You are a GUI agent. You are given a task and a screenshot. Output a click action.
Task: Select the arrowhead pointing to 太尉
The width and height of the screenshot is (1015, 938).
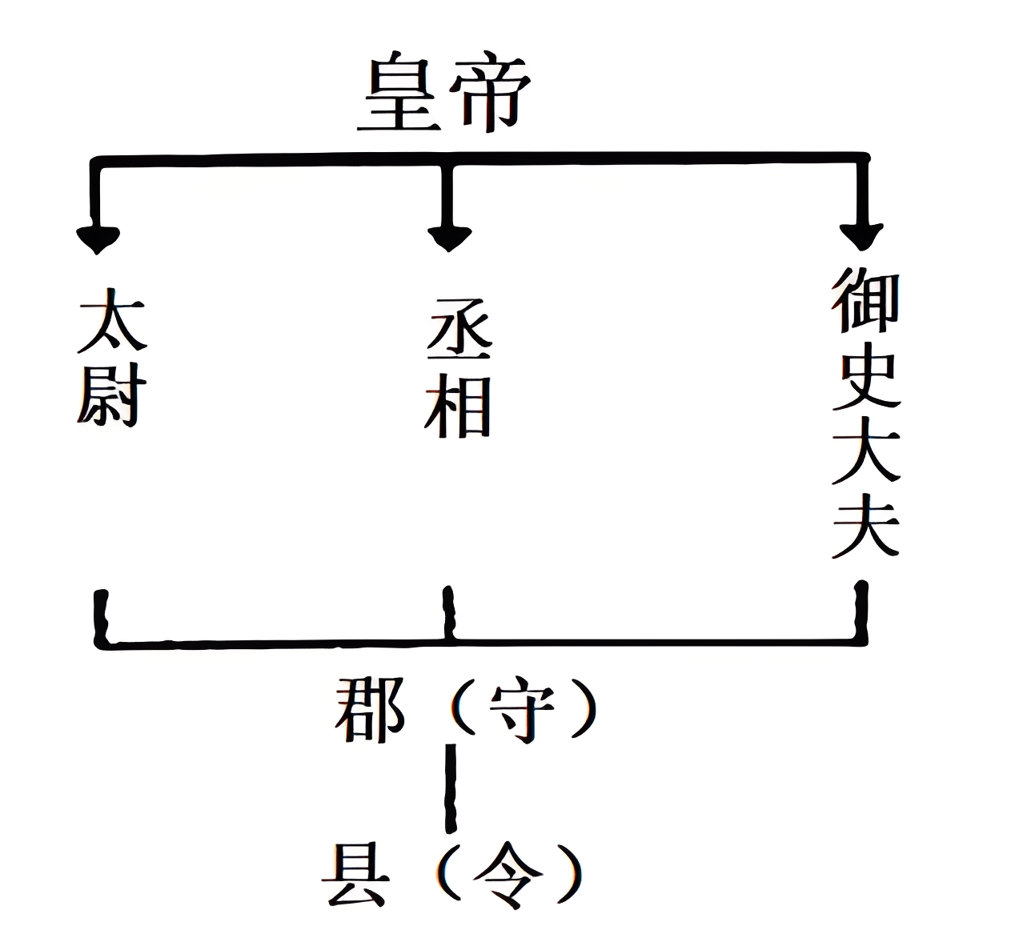click(x=98, y=237)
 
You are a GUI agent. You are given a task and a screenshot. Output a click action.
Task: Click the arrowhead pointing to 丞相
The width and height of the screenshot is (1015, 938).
click(x=449, y=236)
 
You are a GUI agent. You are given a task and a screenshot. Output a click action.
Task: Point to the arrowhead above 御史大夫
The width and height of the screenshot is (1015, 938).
click(x=861, y=234)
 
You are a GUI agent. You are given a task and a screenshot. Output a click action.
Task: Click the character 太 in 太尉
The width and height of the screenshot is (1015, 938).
click(x=111, y=325)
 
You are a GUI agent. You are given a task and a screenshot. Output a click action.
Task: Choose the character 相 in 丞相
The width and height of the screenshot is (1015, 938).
click(x=459, y=408)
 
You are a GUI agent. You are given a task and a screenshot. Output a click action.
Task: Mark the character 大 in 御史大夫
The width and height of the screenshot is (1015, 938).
click(x=865, y=454)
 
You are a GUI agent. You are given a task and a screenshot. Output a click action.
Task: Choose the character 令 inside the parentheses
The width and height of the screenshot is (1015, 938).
click(x=505, y=876)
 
